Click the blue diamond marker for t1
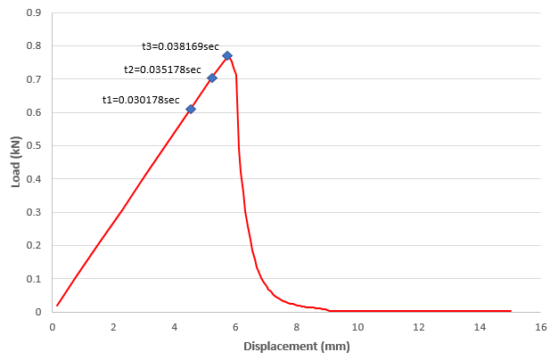click(x=191, y=109)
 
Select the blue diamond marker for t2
click(x=212, y=78)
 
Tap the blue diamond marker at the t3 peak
click(x=227, y=55)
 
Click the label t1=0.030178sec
click(x=141, y=100)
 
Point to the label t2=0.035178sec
click(x=162, y=69)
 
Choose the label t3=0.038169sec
click(x=181, y=46)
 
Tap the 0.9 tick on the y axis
click(x=35, y=13)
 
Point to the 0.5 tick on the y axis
click(x=35, y=146)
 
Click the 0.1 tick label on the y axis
click(x=35, y=279)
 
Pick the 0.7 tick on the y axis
click(x=35, y=79)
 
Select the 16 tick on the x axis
click(x=540, y=327)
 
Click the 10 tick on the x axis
click(x=357, y=327)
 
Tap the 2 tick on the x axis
click(x=113, y=327)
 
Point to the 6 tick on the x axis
click(x=235, y=327)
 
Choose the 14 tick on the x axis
click(x=480, y=327)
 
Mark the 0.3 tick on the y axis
click(x=35, y=212)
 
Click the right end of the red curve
click(x=510, y=311)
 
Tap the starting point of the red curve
click(x=57, y=306)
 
